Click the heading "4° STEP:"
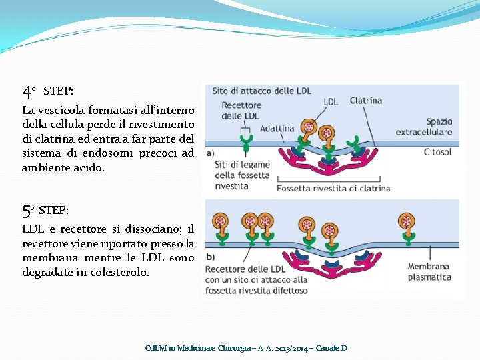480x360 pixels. (x=48, y=91)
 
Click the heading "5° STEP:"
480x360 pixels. (x=45, y=211)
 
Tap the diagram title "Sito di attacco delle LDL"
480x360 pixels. (x=262, y=91)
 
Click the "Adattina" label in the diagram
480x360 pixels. (x=277, y=129)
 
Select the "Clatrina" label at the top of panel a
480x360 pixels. (x=365, y=101)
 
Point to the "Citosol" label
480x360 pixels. (x=437, y=152)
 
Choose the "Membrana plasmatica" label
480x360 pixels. (x=429, y=272)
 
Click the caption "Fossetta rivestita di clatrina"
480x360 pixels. (x=333, y=188)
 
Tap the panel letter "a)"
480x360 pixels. (x=211, y=152)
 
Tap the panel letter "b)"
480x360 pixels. (x=211, y=257)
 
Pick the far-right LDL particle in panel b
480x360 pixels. (x=405, y=222)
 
